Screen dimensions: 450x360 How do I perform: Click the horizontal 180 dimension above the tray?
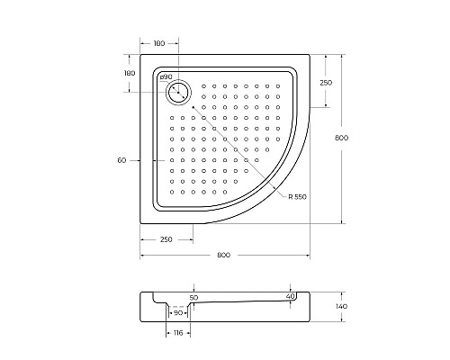[x=159, y=43]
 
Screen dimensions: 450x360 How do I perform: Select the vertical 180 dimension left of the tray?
[x=130, y=73]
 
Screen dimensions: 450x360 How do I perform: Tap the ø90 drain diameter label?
[x=166, y=76]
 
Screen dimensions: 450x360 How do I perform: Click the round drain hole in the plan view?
[x=178, y=93]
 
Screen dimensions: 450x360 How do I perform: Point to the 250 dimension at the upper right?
[x=326, y=83]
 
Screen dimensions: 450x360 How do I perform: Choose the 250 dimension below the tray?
[x=166, y=239]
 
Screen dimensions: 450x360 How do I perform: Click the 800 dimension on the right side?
[x=341, y=138]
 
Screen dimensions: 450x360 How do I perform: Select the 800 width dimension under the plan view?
[x=224, y=255]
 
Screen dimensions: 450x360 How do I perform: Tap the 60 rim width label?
[x=121, y=160]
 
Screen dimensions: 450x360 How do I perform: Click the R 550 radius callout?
[x=298, y=197]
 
